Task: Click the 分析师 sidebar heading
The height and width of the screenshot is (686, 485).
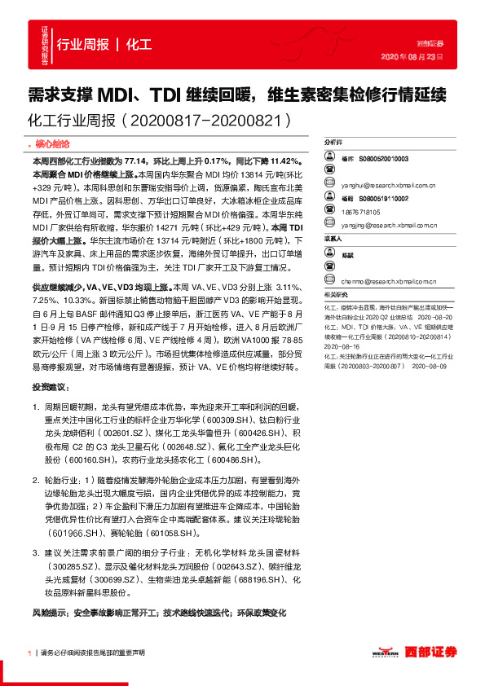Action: (x=334, y=141)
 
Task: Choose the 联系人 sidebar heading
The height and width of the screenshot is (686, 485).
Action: (x=334, y=239)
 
